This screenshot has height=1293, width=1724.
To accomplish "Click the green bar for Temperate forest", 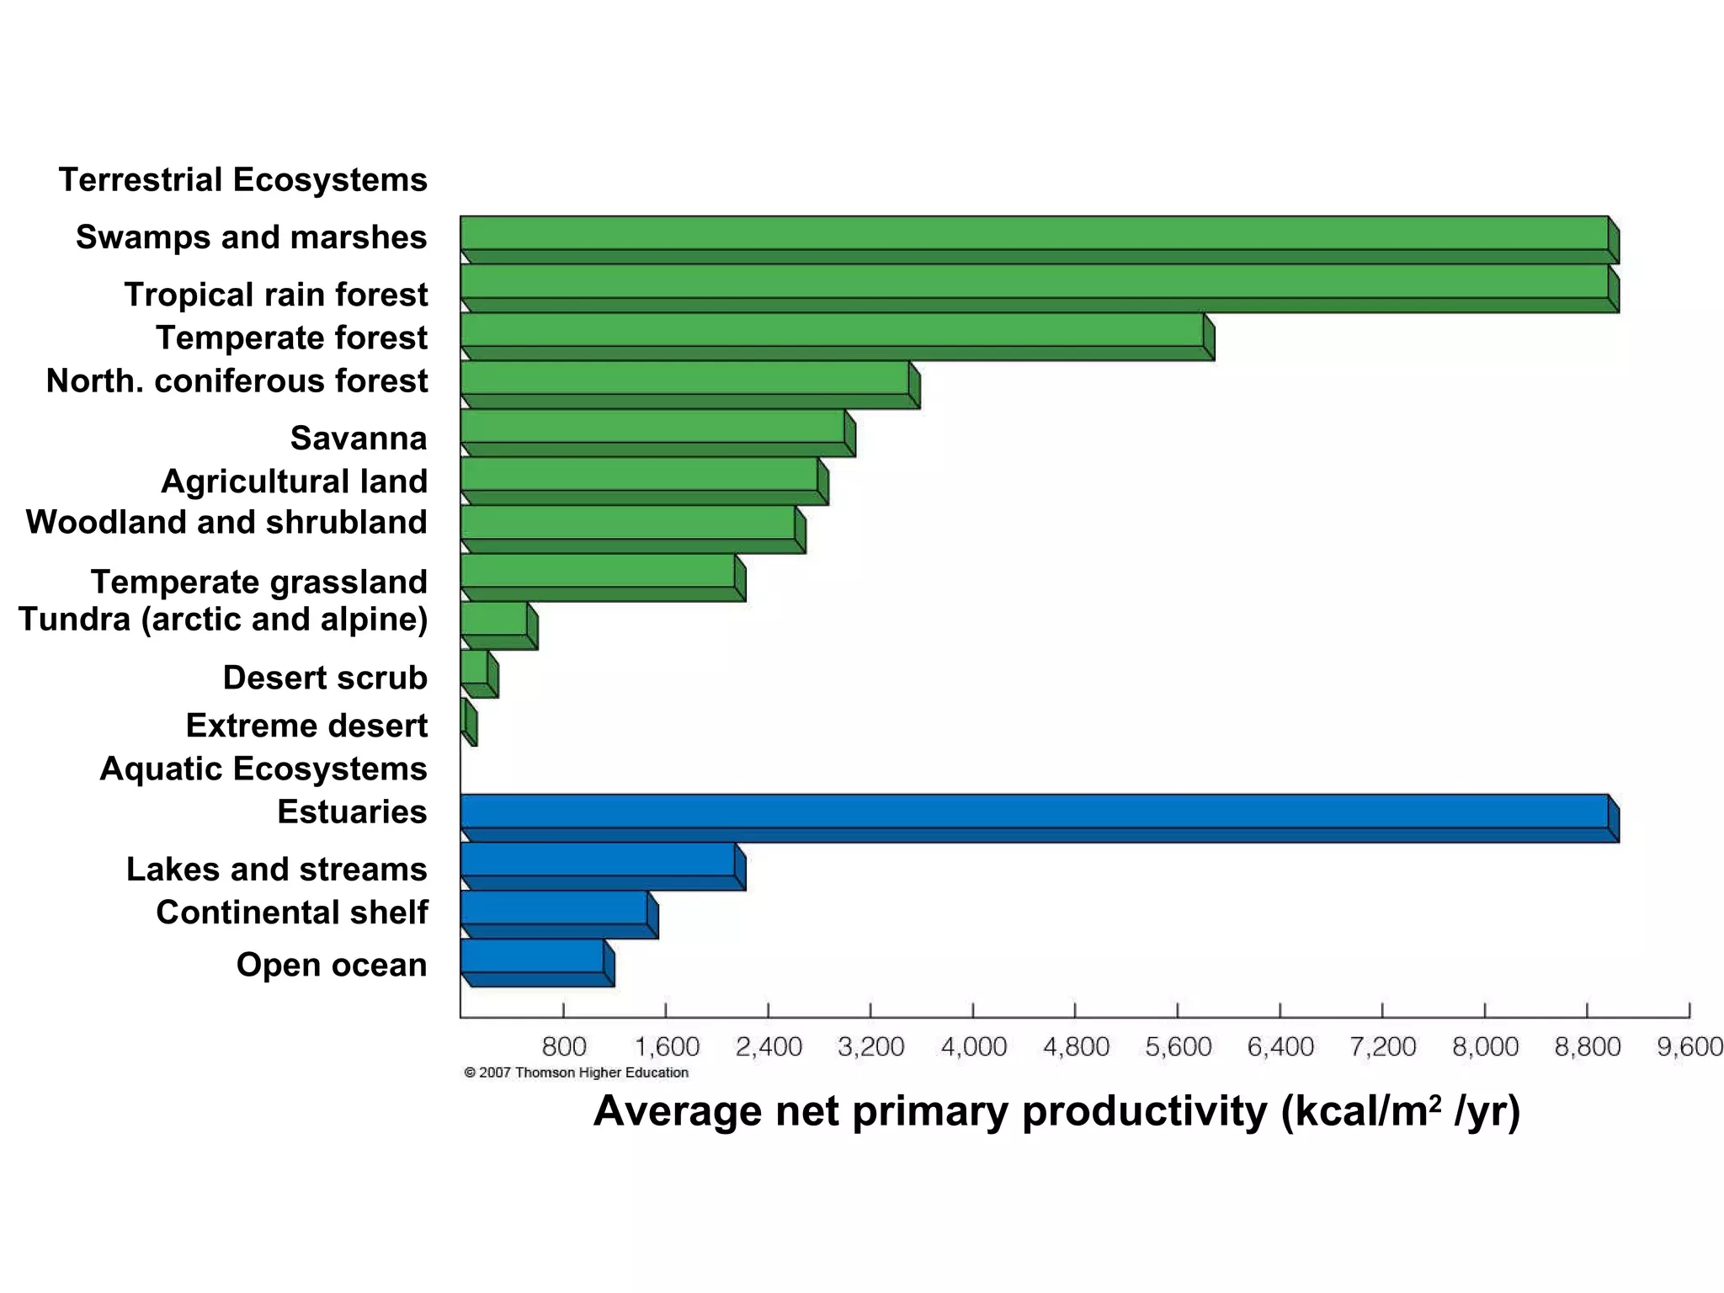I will (x=833, y=331).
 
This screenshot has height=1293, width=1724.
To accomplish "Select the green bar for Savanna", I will (x=653, y=427).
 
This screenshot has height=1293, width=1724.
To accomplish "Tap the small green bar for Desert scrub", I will (x=475, y=668).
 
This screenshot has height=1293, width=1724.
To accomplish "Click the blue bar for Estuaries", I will (x=1035, y=811).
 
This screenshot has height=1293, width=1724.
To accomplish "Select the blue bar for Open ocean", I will (x=533, y=956).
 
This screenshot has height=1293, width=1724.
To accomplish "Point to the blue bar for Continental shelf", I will (x=555, y=908).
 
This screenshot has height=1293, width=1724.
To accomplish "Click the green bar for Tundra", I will (x=495, y=620).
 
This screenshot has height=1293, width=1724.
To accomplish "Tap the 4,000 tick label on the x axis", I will (x=973, y=1047).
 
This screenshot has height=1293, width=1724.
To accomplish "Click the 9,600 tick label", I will (x=1689, y=1047).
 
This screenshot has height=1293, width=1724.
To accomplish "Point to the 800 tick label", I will (x=563, y=1047).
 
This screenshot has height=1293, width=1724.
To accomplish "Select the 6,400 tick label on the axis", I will (x=1280, y=1047).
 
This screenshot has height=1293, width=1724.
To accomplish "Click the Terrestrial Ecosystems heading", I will (x=242, y=180).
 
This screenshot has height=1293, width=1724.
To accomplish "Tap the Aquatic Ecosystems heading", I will (x=263, y=769).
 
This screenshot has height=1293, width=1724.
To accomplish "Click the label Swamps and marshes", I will (x=251, y=237).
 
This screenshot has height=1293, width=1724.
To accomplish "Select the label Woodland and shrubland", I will (x=226, y=522).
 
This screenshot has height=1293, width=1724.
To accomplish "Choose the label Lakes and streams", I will (x=276, y=869).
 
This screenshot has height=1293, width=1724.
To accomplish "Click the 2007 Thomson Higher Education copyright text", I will (x=577, y=1072).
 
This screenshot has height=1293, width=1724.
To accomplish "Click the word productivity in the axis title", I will (x=1144, y=1112).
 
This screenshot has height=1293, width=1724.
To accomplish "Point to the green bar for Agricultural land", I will (x=640, y=475).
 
